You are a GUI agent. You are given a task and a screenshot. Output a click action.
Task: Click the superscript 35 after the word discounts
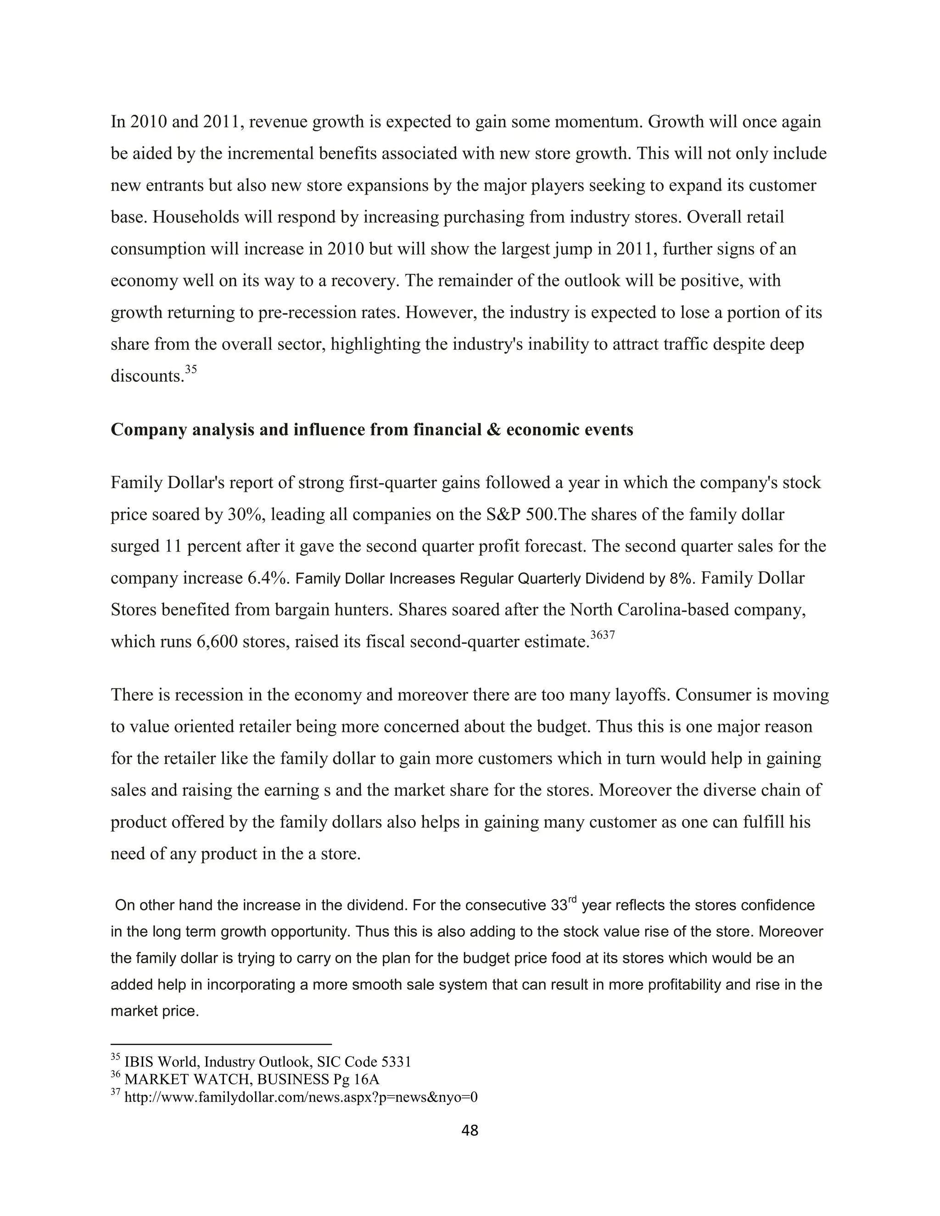tap(191, 369)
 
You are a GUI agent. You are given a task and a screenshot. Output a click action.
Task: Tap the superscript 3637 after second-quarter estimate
tap(603, 635)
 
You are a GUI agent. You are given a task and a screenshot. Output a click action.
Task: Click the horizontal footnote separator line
tap(221, 1044)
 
